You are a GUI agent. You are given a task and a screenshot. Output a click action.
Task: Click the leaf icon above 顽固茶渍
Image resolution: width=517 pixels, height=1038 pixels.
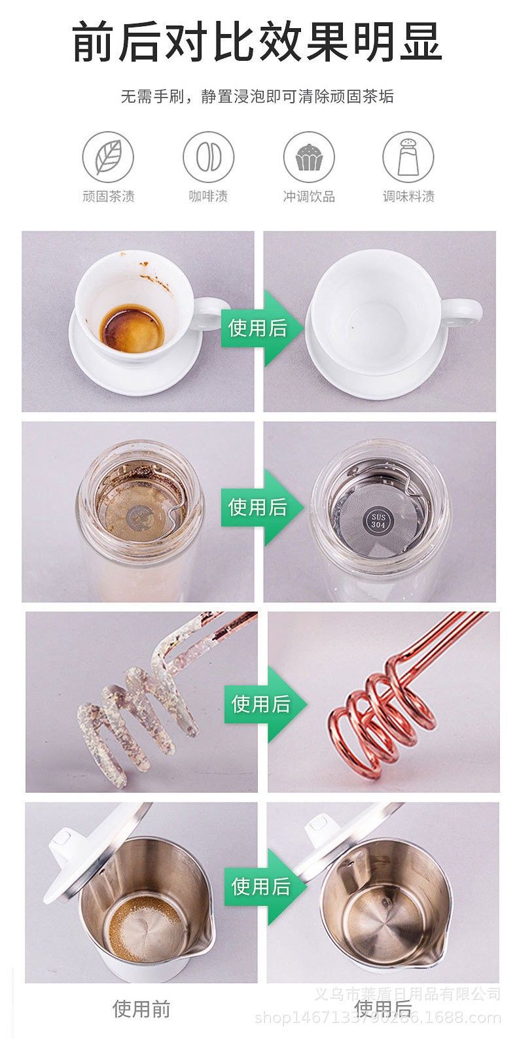[108, 157]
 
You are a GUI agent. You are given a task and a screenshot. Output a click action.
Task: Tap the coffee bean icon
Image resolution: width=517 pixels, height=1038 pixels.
[208, 157]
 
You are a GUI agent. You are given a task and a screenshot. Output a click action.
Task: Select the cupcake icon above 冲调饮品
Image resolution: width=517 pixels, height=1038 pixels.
[308, 157]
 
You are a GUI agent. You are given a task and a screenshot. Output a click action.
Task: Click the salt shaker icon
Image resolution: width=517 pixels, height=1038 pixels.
[408, 157]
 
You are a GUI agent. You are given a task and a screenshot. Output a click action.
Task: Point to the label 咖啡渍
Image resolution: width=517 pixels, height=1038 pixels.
[208, 196]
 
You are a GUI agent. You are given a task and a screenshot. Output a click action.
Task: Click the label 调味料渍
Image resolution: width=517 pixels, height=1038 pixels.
[408, 196]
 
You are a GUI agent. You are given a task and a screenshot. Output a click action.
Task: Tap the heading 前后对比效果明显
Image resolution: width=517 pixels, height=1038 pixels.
[257, 41]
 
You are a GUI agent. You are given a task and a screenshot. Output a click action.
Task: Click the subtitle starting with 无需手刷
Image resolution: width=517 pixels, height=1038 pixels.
[257, 97]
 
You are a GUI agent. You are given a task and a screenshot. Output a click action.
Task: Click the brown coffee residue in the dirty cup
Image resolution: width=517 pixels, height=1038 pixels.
[132, 329]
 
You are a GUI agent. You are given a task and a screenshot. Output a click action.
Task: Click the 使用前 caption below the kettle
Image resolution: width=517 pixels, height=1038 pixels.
[141, 1009]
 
